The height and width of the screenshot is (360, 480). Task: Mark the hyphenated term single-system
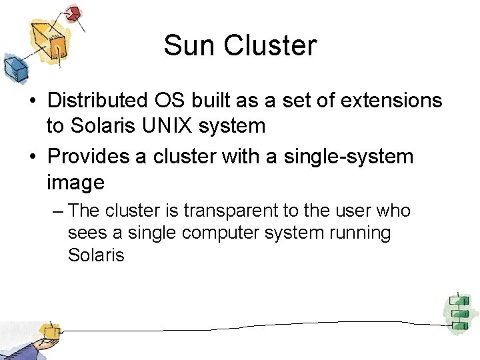point(349,157)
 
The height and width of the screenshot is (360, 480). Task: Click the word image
point(75,182)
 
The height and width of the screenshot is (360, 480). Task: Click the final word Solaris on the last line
point(96,255)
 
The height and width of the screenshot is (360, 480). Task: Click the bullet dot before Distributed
point(32,101)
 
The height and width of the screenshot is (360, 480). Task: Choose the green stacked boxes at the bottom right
point(458,311)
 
